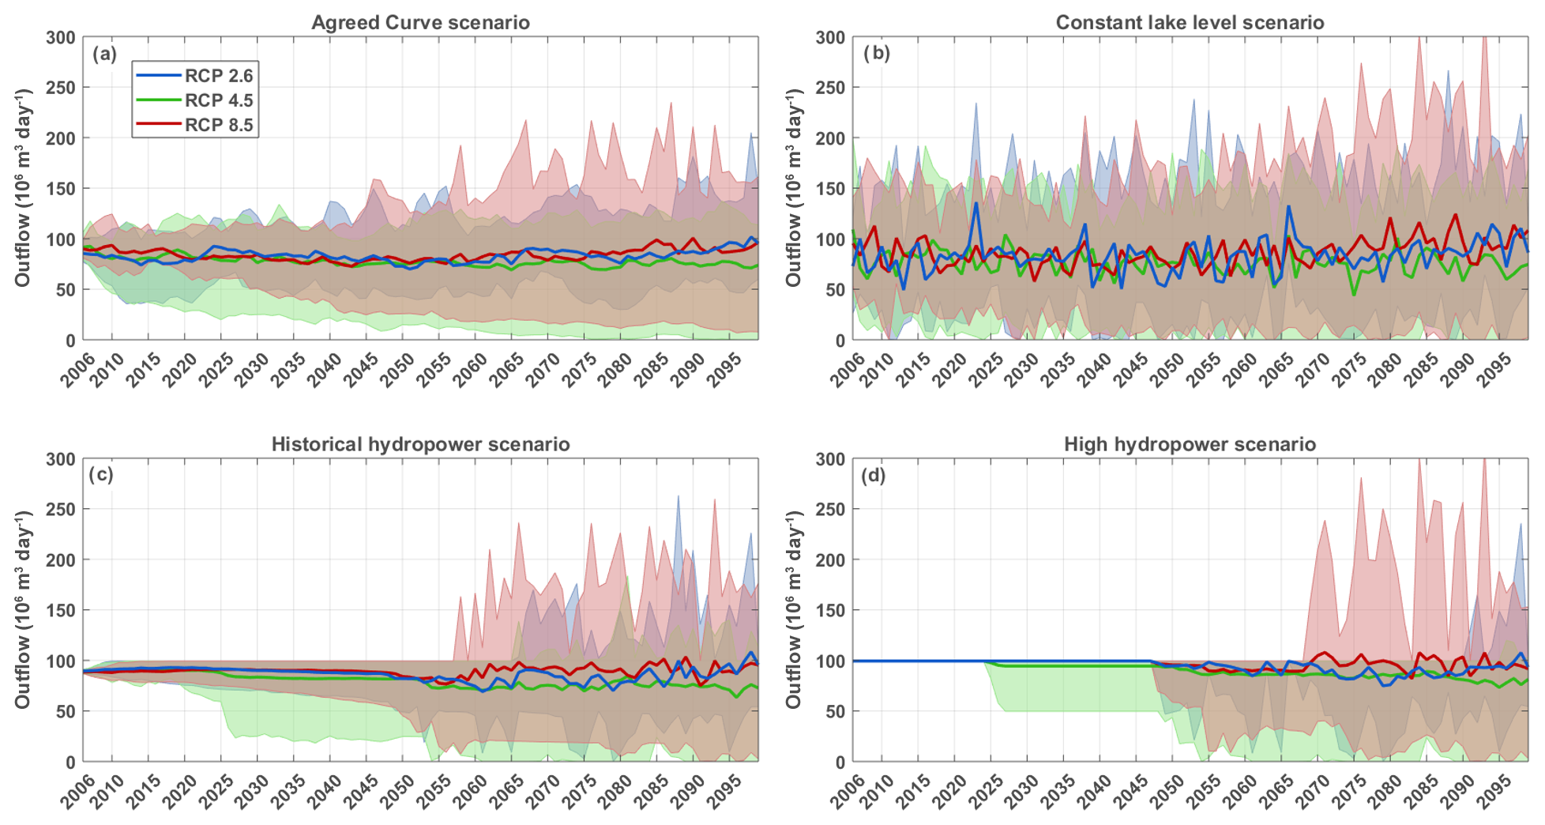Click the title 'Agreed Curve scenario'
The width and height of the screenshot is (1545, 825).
click(x=420, y=22)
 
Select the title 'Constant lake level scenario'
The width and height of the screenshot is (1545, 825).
click(x=1190, y=22)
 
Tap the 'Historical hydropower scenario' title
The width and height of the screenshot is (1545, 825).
click(x=420, y=444)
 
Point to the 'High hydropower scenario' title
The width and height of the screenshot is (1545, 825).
click(x=1190, y=444)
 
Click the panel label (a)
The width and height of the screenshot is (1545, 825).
click(x=104, y=54)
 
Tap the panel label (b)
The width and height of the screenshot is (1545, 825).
click(x=876, y=53)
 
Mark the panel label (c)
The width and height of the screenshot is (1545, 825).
click(x=102, y=474)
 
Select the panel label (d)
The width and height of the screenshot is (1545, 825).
click(x=873, y=475)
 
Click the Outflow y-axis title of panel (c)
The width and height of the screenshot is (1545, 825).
click(x=22, y=610)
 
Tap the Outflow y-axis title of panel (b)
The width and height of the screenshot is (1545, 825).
click(x=793, y=188)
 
